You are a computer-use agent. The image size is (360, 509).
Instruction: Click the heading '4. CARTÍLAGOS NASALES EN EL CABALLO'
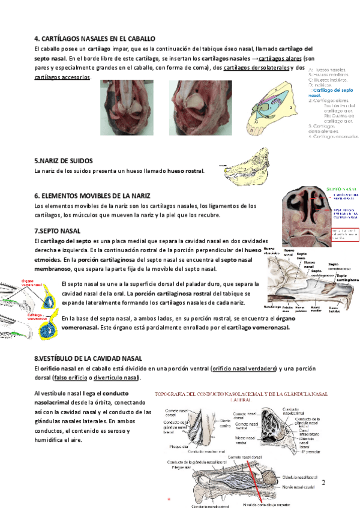[x=95, y=38]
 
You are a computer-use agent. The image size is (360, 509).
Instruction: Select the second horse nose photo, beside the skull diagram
[x=200, y=104]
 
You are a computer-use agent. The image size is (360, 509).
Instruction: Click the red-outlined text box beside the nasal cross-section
[x=345, y=235]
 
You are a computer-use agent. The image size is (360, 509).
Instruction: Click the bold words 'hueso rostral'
[x=185, y=171]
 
